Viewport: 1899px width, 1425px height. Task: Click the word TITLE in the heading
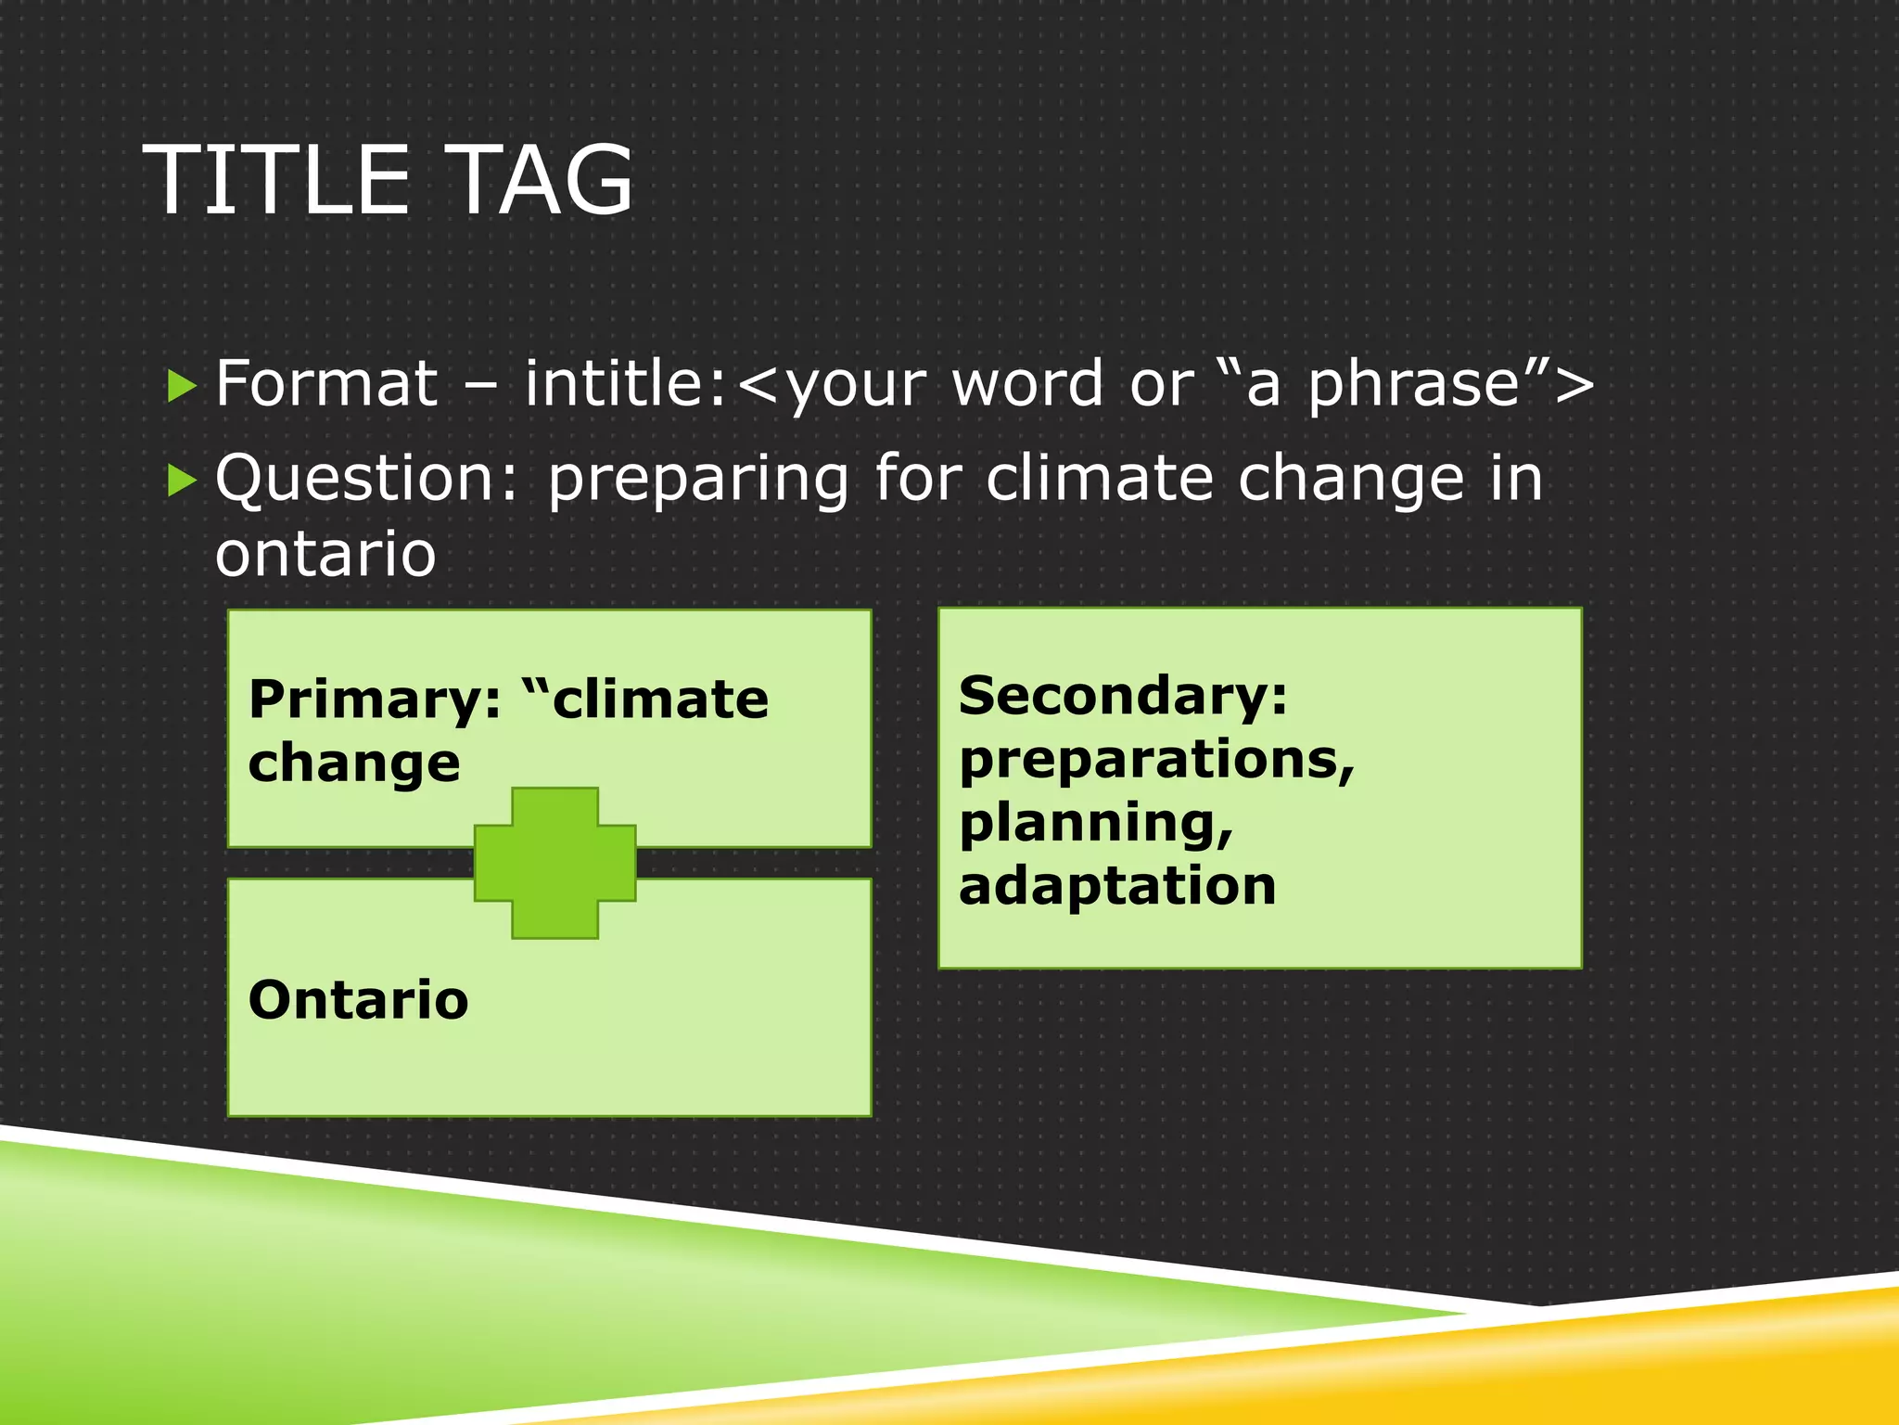tap(278, 181)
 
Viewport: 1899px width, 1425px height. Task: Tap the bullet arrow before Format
tap(182, 385)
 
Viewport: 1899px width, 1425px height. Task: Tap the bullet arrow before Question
tap(182, 481)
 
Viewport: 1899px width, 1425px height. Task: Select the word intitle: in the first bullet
tap(624, 383)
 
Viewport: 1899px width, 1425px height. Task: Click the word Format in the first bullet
tap(325, 383)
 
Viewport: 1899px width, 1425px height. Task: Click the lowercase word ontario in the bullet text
tap(325, 555)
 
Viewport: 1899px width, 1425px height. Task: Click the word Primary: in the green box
tap(375, 700)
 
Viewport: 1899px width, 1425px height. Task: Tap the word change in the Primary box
tap(353, 764)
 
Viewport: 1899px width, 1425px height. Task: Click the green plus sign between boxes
tap(554, 863)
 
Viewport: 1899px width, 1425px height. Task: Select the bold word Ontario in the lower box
tap(358, 1000)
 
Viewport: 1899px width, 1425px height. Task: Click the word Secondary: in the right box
tap(1123, 697)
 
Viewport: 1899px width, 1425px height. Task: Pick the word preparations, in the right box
tap(1156, 761)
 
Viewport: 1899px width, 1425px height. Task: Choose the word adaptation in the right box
tap(1117, 886)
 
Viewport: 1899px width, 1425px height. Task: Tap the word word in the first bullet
tap(1026, 383)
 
